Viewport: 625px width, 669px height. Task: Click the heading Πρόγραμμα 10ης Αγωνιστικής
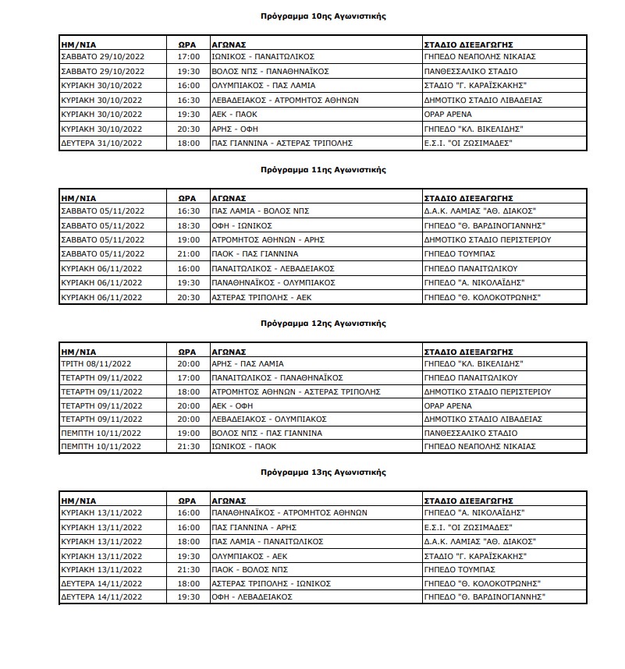(323, 16)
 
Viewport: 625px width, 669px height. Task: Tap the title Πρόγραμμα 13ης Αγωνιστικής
(323, 473)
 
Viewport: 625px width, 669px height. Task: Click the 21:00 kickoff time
(189, 254)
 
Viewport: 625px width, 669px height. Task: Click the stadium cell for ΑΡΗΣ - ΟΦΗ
(473, 129)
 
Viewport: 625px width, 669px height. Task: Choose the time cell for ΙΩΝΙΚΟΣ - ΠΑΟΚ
(189, 447)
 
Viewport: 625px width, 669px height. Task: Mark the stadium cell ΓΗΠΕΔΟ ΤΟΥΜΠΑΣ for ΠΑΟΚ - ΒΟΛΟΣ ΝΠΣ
(460, 569)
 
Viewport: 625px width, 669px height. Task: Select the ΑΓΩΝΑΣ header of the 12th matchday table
(229, 351)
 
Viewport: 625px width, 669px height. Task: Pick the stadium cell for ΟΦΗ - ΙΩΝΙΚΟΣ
(482, 225)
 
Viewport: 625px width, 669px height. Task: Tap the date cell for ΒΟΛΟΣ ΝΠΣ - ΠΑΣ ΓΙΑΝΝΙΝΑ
(101, 433)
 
